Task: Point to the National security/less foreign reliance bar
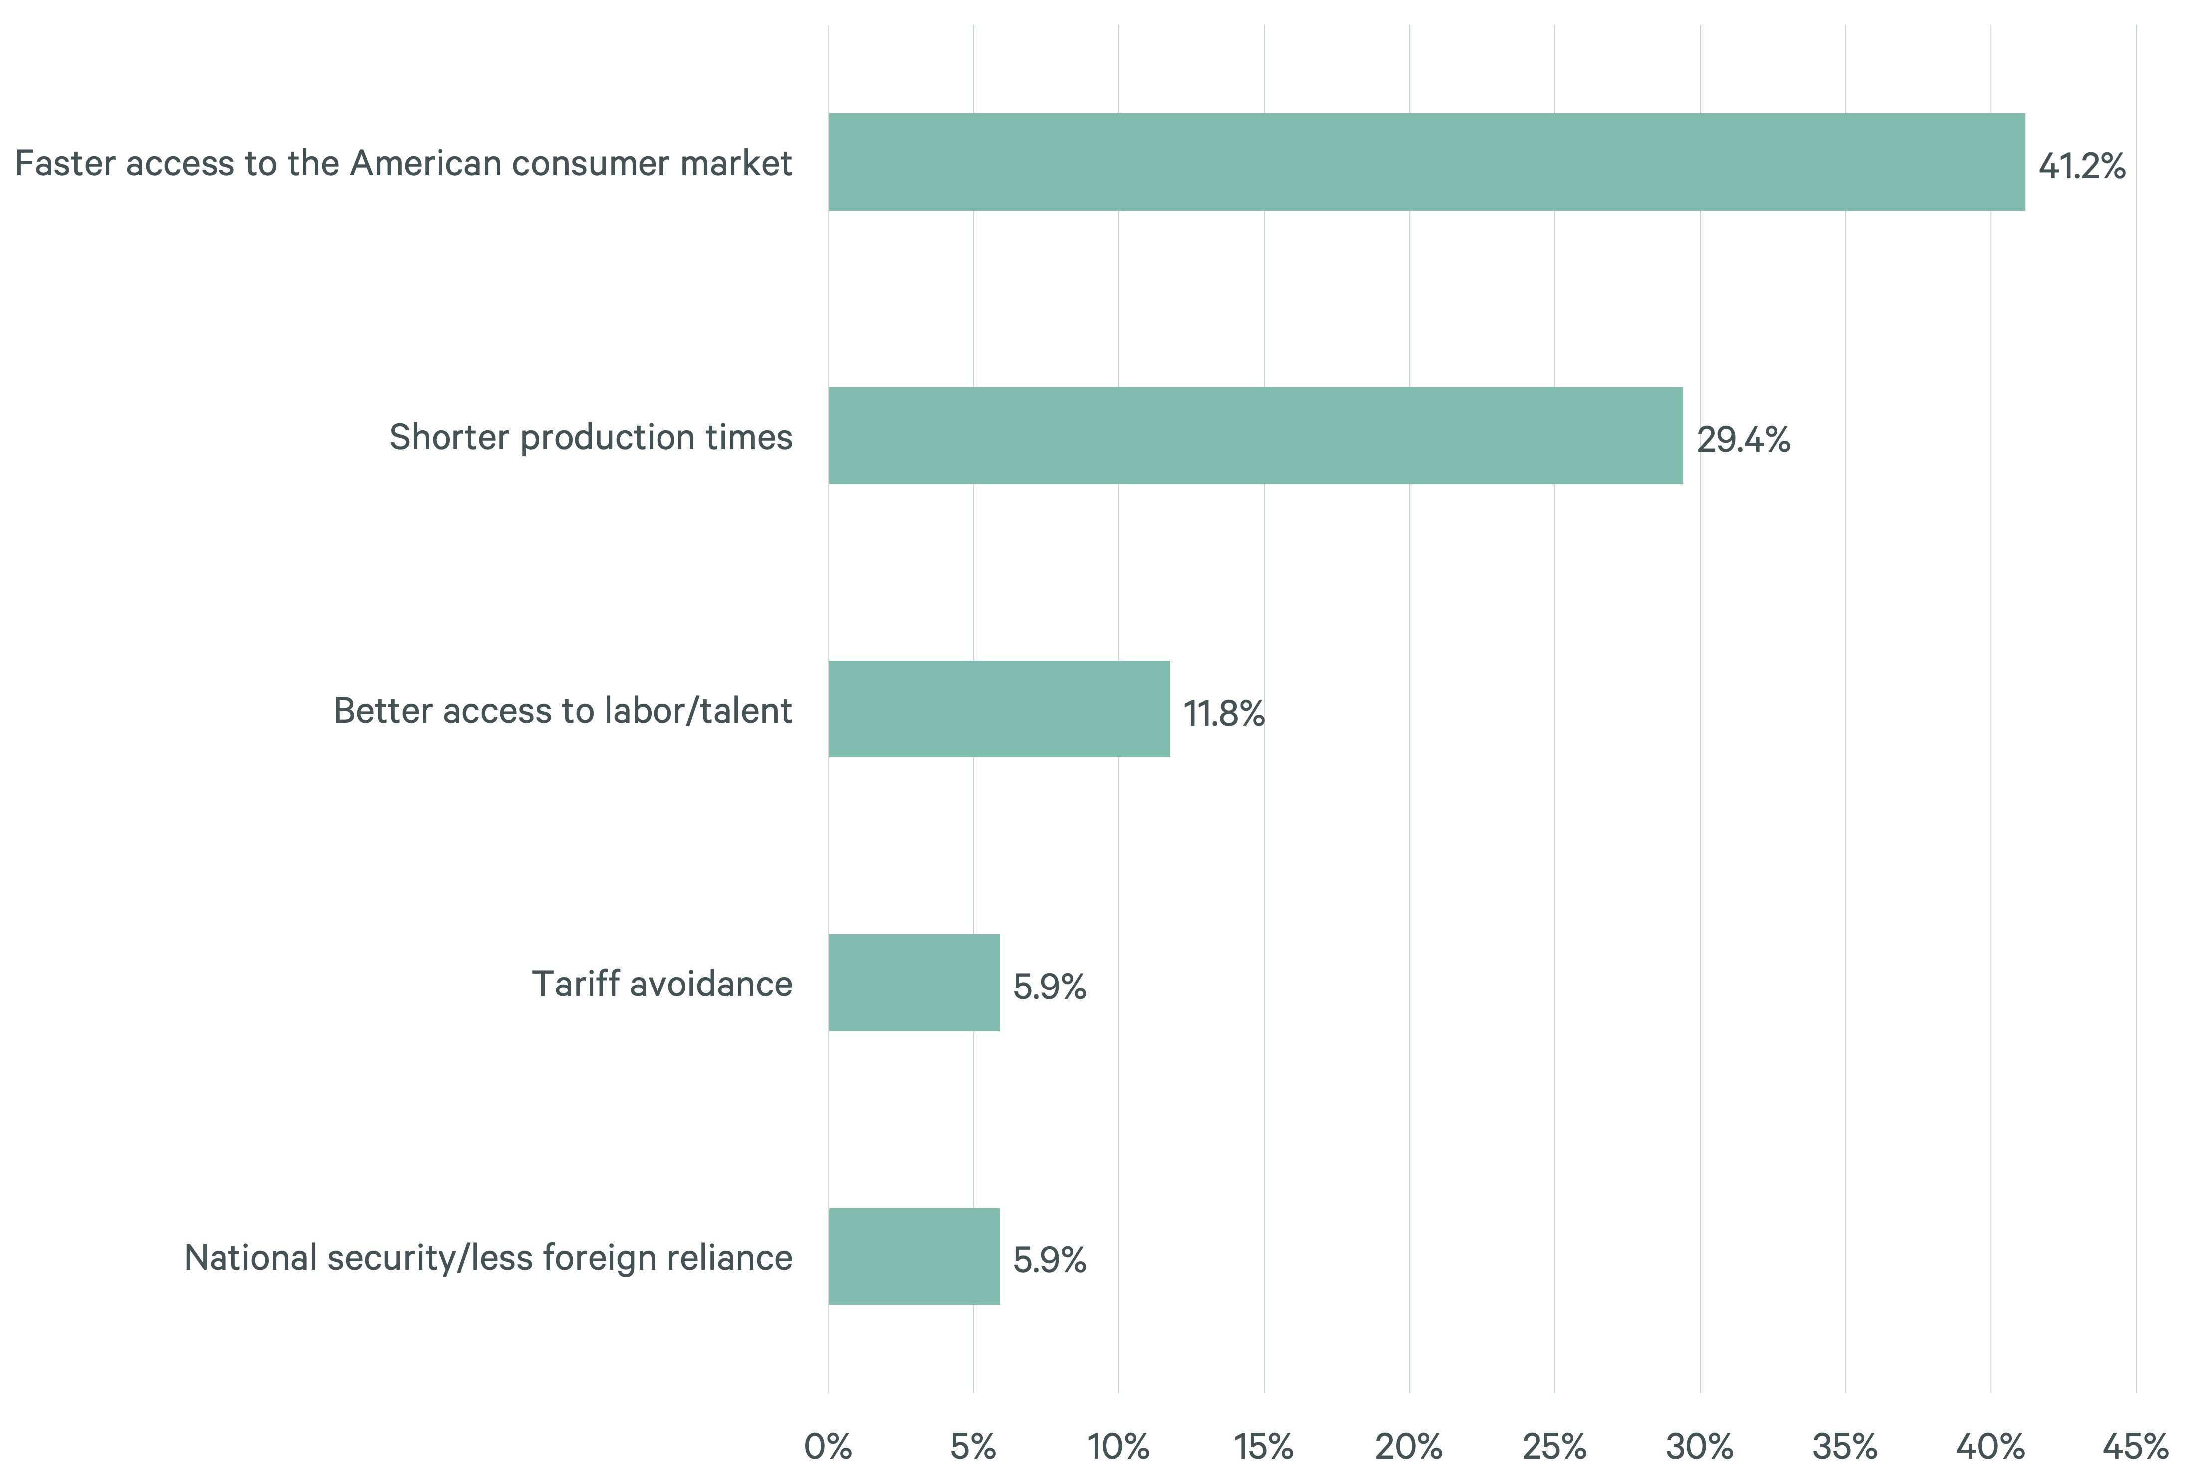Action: (913, 1256)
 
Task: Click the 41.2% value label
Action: (2082, 166)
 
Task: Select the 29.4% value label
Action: (1743, 440)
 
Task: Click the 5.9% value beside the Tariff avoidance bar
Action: (1049, 987)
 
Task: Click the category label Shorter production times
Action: (590, 437)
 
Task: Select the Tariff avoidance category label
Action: (662, 984)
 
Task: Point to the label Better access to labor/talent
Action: (563, 710)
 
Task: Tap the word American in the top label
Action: (425, 163)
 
